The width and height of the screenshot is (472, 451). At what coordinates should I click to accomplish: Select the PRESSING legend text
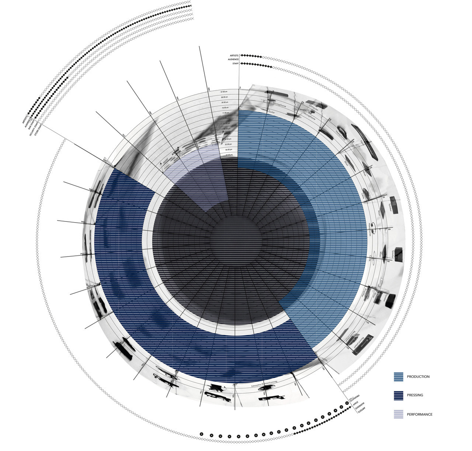[x=415, y=395]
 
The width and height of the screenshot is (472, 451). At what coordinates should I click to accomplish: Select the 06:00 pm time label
[x=229, y=149]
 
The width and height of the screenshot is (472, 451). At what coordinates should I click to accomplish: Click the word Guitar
[x=272, y=111]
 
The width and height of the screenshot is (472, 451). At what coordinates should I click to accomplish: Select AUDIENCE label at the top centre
[x=233, y=59]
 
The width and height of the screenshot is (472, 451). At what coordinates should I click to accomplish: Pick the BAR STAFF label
[x=31, y=128]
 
